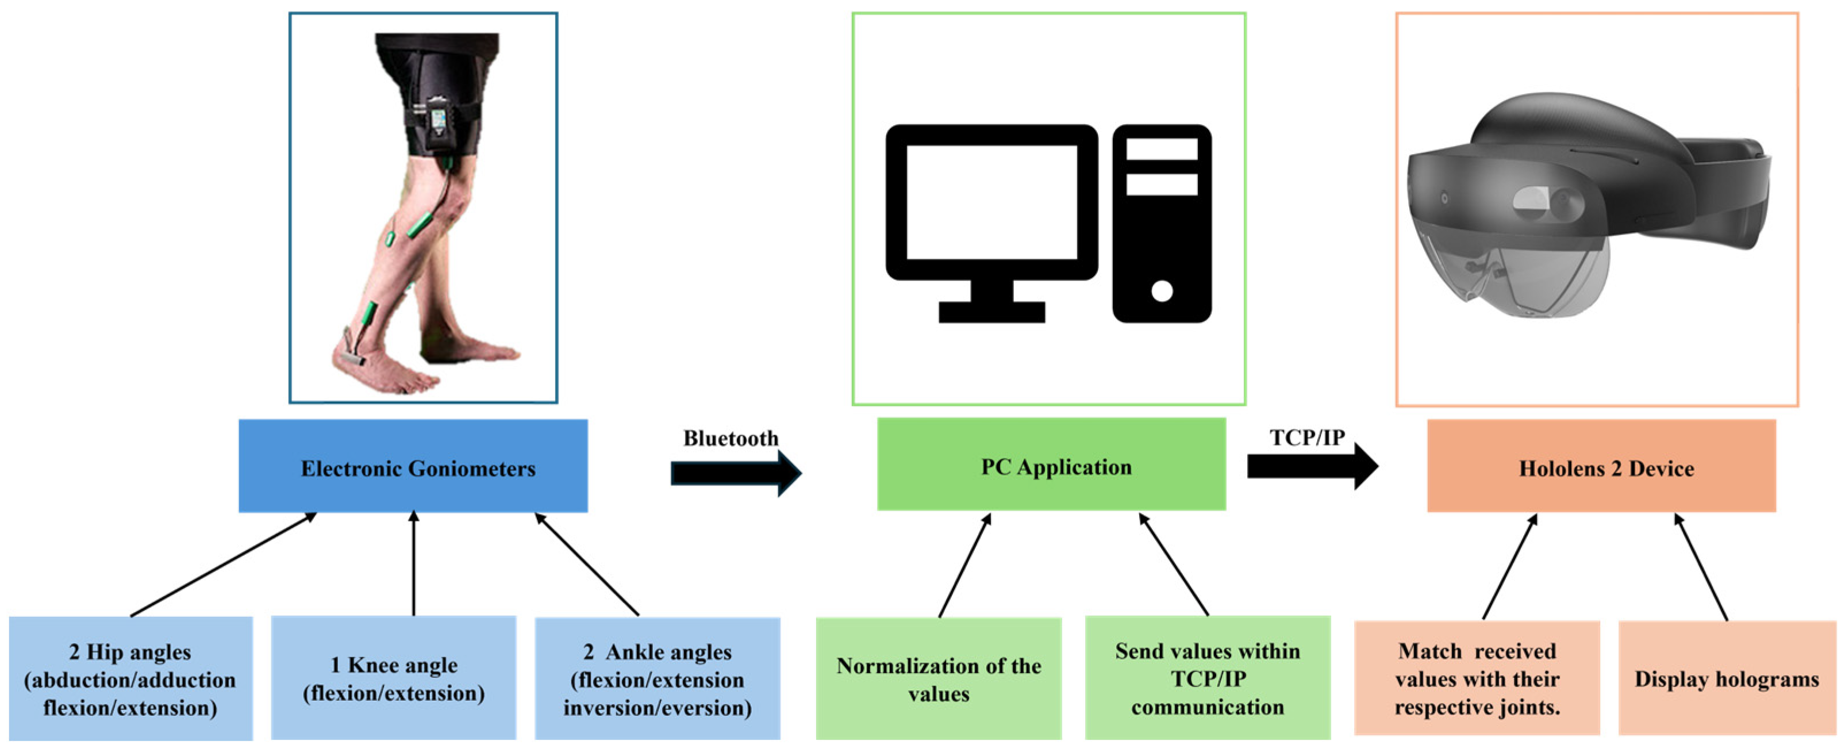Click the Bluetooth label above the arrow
(x=730, y=438)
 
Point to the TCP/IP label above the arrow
(x=1307, y=437)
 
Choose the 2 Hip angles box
(x=130, y=678)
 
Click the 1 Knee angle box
(x=393, y=677)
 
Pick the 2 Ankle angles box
(x=657, y=678)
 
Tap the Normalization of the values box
(x=938, y=678)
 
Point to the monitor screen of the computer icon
(x=991, y=202)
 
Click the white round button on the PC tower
(x=1162, y=291)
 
